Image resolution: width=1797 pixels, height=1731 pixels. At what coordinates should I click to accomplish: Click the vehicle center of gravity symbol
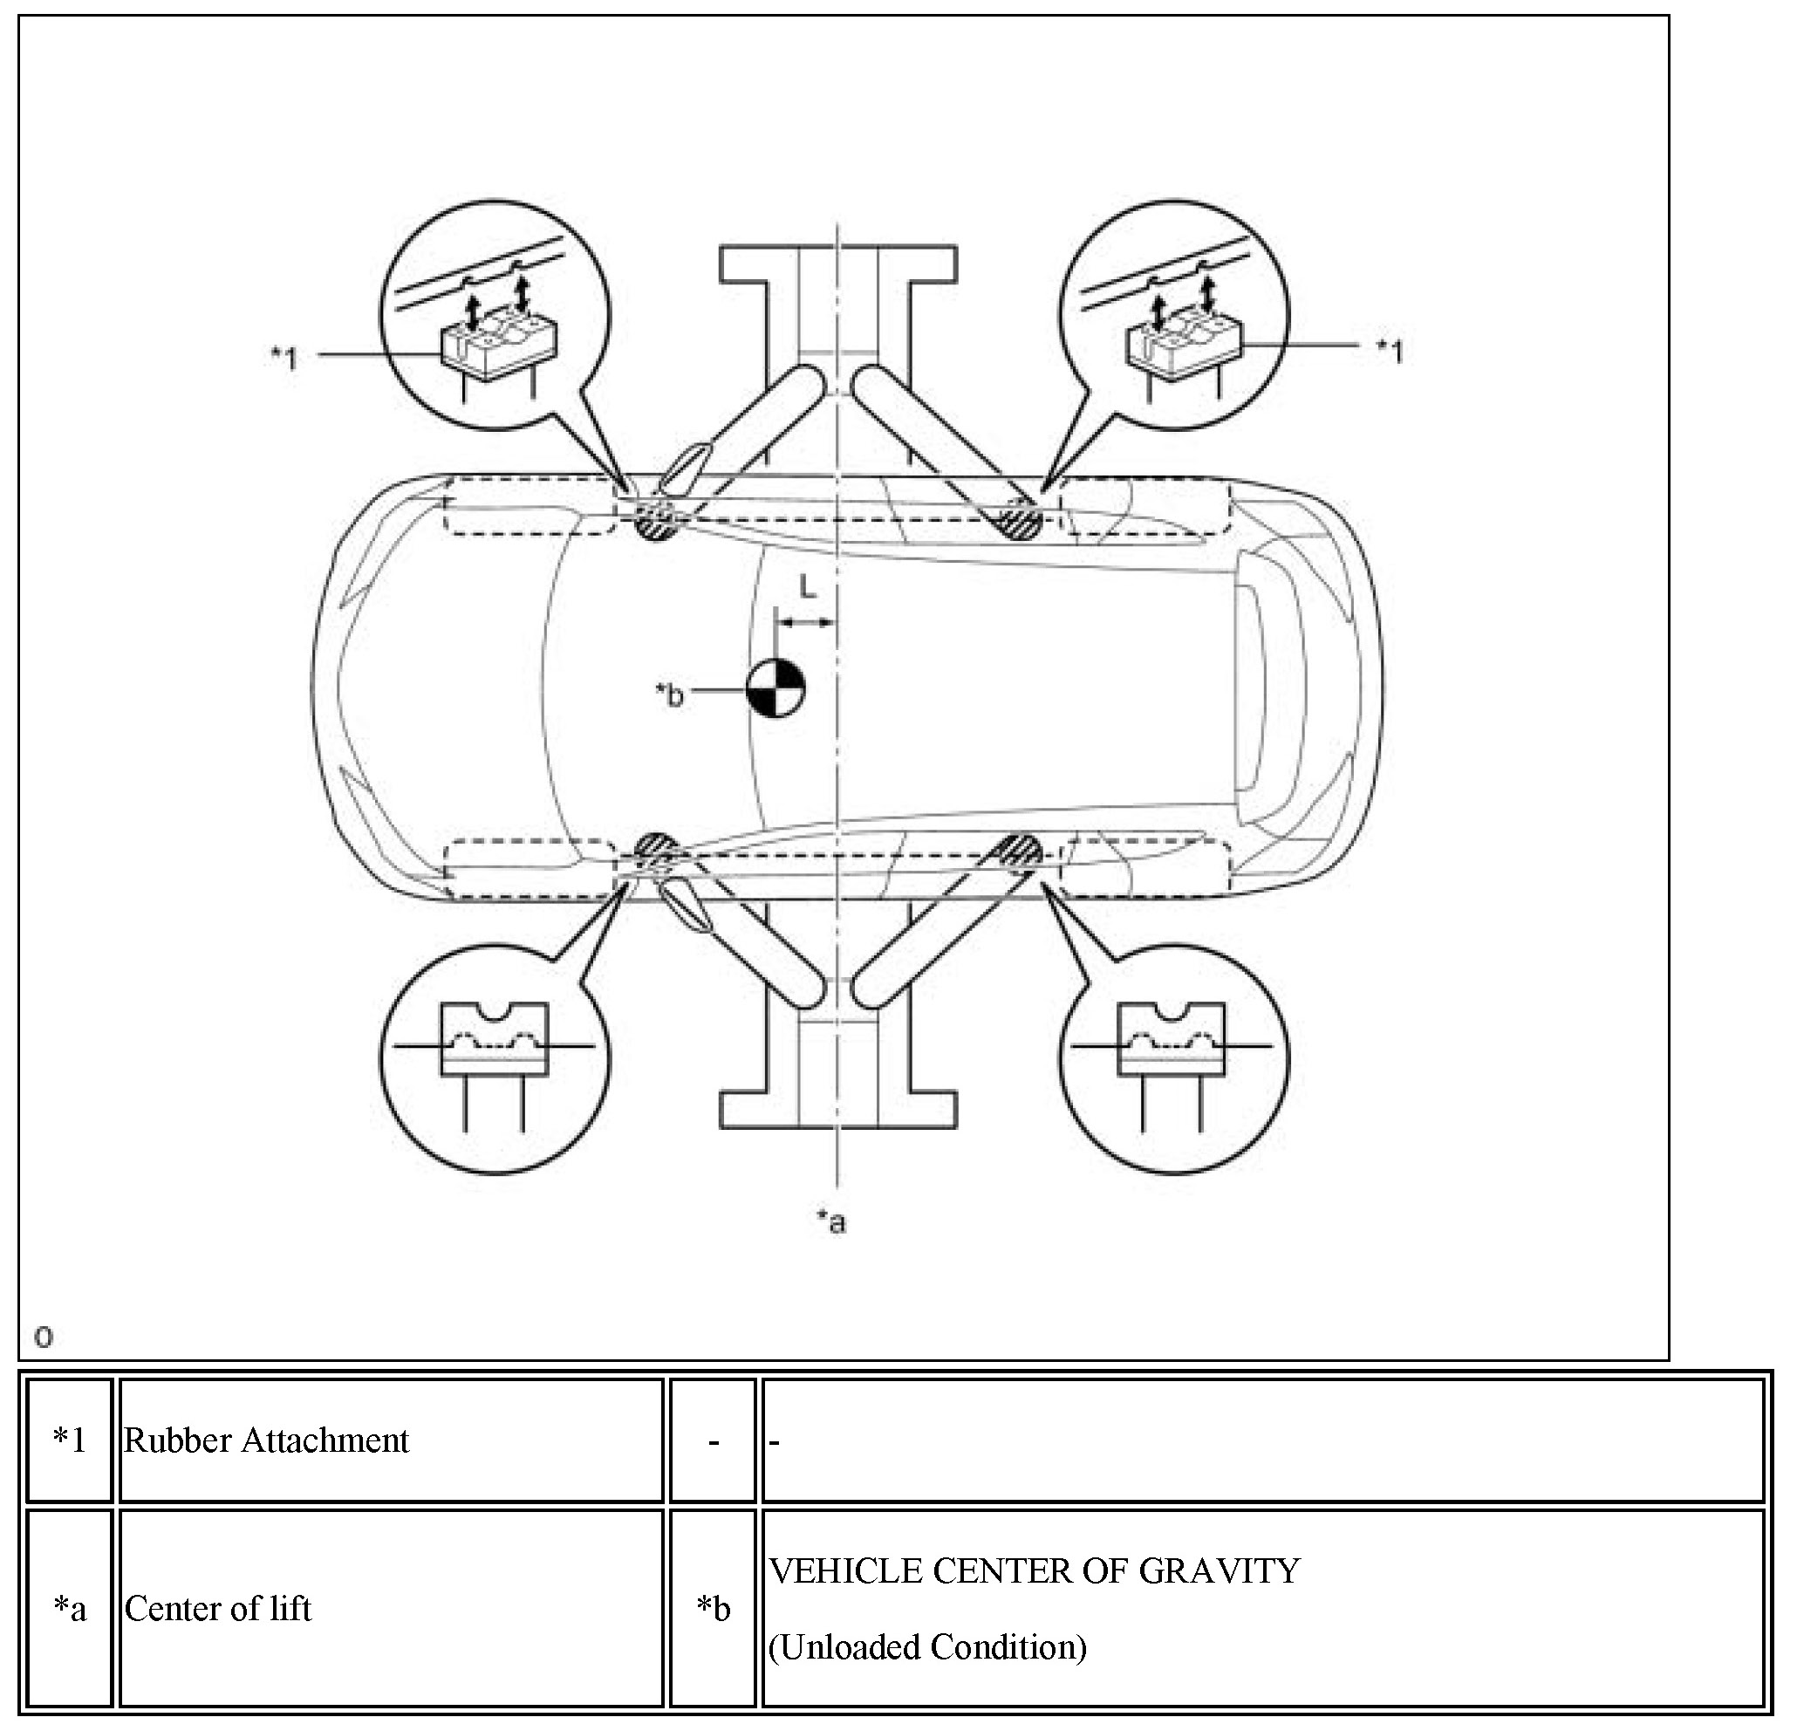pyautogui.click(x=776, y=688)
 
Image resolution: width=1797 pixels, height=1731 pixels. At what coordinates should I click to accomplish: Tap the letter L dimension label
pyautogui.click(x=807, y=587)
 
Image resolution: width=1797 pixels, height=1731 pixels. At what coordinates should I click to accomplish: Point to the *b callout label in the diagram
pyautogui.click(x=669, y=695)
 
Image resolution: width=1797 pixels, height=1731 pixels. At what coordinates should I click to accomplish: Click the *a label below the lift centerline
pyautogui.click(x=831, y=1221)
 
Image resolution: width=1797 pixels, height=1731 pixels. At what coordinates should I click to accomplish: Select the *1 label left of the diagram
pyautogui.click(x=285, y=358)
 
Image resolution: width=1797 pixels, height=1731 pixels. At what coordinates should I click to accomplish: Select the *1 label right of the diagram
pyautogui.click(x=1390, y=350)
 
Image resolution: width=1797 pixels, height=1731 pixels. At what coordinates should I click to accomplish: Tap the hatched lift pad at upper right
pyautogui.click(x=1019, y=521)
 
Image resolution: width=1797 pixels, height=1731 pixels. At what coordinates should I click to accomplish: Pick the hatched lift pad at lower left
pyautogui.click(x=657, y=850)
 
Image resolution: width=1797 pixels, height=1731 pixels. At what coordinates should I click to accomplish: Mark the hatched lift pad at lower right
pyautogui.click(x=1019, y=852)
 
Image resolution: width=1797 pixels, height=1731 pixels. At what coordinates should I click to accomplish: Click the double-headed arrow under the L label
pyautogui.click(x=806, y=623)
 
